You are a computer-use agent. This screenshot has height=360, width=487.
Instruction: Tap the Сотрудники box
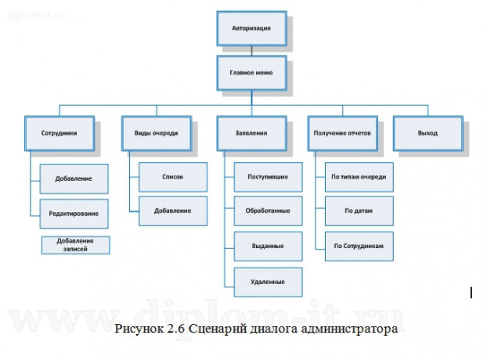click(x=59, y=133)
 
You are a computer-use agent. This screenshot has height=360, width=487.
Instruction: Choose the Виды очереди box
click(x=155, y=133)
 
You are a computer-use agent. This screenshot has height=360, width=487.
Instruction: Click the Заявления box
click(x=251, y=133)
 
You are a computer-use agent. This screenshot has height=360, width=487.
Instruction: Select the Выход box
click(x=427, y=133)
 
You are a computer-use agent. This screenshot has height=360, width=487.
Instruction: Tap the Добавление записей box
click(x=76, y=245)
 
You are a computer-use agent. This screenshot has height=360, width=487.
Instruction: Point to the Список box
click(x=172, y=177)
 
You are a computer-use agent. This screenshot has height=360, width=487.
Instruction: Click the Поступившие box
click(x=268, y=177)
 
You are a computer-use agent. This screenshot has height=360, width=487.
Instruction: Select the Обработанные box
click(x=268, y=211)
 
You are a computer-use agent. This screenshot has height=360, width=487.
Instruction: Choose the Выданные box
click(x=268, y=246)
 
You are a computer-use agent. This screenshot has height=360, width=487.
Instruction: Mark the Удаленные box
click(x=268, y=281)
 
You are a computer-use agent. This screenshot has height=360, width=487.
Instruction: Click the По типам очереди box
click(x=359, y=177)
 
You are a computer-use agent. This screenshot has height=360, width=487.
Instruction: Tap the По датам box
click(x=359, y=211)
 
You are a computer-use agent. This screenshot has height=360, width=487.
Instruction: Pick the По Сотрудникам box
click(x=359, y=246)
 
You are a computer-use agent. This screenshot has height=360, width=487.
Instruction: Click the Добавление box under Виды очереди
click(x=172, y=211)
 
